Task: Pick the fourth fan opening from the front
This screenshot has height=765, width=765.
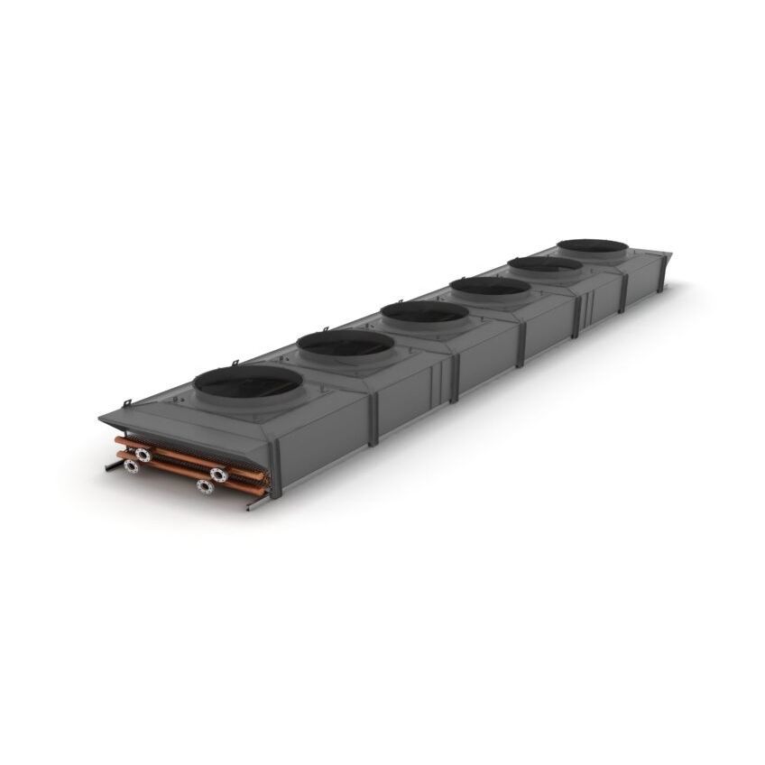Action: (x=489, y=288)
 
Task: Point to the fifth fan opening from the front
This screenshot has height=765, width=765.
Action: (x=544, y=265)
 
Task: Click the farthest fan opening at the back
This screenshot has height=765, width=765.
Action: (x=592, y=246)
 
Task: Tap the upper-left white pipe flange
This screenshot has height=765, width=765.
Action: (x=143, y=455)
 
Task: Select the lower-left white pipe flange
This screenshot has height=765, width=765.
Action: (x=132, y=466)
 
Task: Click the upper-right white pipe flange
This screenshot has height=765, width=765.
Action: (x=219, y=475)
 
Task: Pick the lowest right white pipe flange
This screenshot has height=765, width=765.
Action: (x=206, y=486)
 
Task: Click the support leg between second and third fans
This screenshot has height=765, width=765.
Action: (x=455, y=380)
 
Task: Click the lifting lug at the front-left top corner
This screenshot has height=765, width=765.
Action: (x=127, y=402)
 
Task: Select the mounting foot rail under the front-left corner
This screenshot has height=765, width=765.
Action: (x=114, y=465)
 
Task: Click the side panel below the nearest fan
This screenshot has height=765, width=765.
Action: (x=320, y=438)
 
